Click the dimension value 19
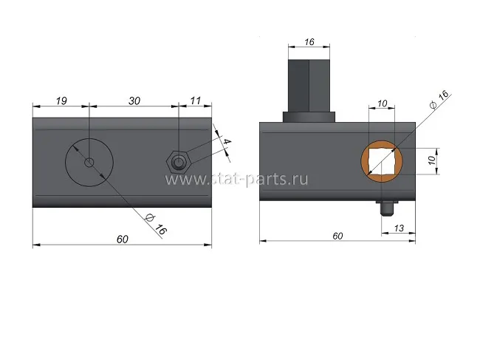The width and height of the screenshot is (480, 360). (61, 101)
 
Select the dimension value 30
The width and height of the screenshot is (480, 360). (134, 101)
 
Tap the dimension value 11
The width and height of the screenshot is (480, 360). (195, 101)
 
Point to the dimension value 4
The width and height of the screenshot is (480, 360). (227, 142)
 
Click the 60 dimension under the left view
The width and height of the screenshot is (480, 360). (123, 239)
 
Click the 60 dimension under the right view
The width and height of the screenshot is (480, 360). (337, 236)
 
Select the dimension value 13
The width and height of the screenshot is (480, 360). (399, 228)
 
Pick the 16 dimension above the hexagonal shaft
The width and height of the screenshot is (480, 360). (309, 41)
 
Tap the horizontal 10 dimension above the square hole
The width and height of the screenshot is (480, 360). (382, 103)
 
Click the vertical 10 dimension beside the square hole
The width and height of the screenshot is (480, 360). (432, 160)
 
